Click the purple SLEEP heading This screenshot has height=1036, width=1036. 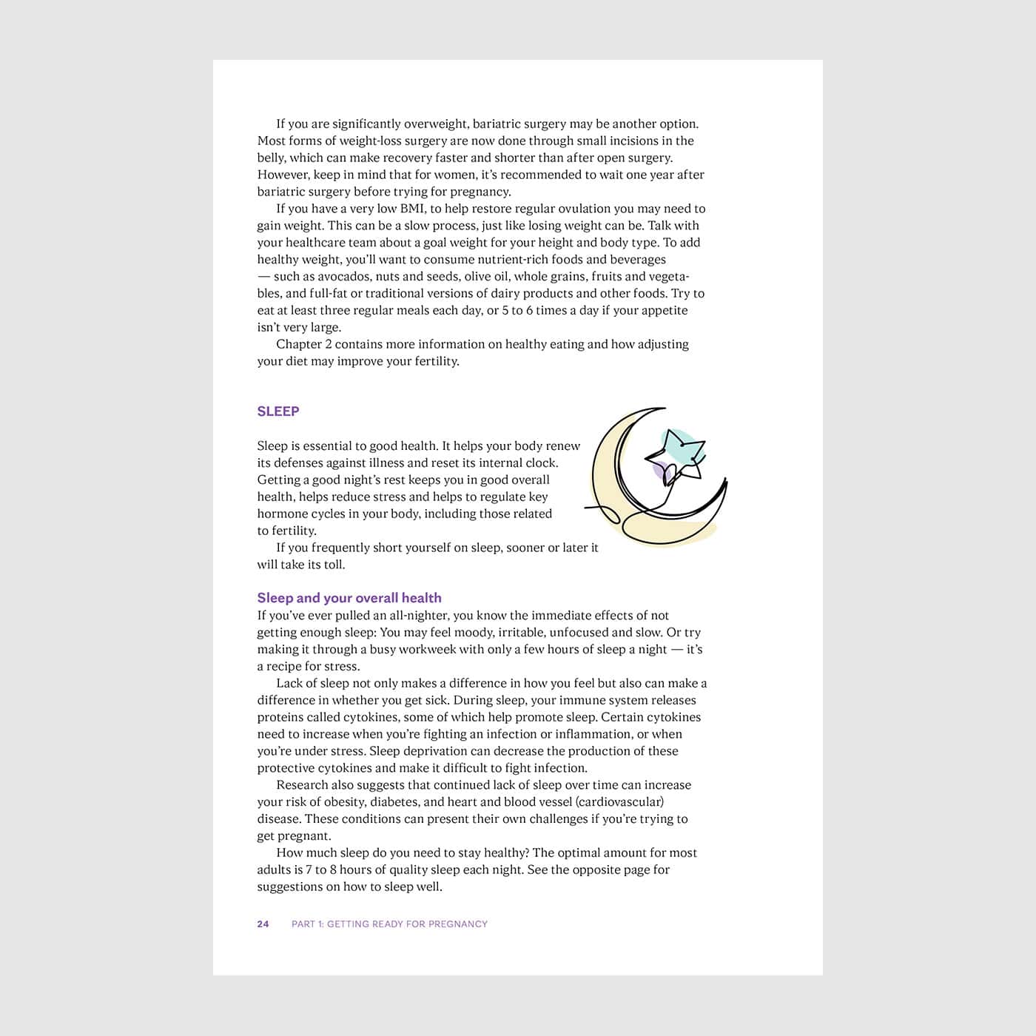(x=278, y=411)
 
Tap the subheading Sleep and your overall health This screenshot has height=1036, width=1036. (x=349, y=598)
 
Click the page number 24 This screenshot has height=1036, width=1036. (x=263, y=924)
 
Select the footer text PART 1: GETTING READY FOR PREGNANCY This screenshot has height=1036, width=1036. (x=389, y=924)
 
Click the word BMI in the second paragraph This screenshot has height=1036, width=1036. (x=411, y=209)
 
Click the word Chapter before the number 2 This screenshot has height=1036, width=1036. (x=299, y=344)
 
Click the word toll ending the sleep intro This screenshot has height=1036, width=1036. (x=334, y=565)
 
